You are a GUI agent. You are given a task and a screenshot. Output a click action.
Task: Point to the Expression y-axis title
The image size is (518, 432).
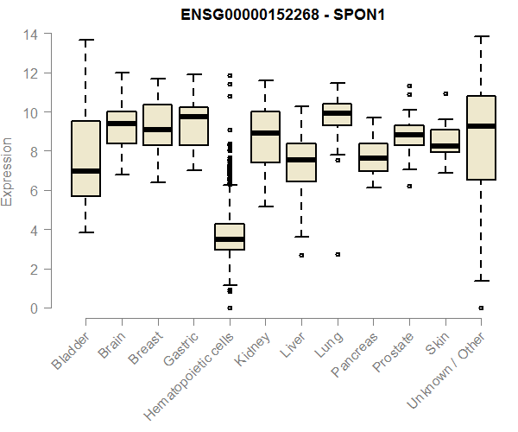9,171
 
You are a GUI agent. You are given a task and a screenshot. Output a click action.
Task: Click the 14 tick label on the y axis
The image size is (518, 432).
31,35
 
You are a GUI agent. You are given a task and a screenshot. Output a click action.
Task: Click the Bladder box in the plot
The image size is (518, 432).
85,158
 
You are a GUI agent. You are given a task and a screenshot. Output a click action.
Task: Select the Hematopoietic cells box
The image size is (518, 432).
230,237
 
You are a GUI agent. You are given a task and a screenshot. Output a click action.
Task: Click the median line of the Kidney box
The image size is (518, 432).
265,133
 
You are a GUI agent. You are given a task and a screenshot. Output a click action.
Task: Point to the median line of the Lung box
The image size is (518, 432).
337,113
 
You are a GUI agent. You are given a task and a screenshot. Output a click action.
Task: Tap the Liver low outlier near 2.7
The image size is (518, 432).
301,255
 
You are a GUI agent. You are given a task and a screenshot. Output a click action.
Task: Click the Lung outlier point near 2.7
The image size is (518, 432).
337,254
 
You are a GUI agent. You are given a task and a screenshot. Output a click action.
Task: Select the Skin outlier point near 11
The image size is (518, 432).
445,93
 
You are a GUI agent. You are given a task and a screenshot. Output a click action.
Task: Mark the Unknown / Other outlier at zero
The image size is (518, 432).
481,308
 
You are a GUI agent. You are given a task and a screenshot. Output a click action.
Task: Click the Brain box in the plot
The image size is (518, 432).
122,127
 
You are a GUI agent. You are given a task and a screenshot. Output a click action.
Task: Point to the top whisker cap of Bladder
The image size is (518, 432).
85,40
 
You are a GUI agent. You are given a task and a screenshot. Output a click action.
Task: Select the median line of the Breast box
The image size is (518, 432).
157,130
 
